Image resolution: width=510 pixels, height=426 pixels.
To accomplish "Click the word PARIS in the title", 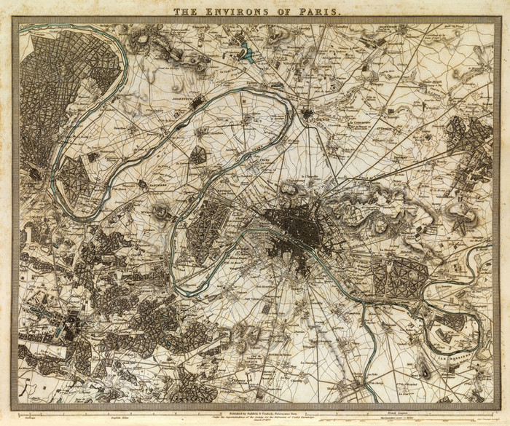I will coord(315,10).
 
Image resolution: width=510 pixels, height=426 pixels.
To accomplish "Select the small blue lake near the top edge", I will coord(248,52).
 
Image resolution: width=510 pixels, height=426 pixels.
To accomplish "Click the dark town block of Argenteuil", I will coord(197,103).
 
